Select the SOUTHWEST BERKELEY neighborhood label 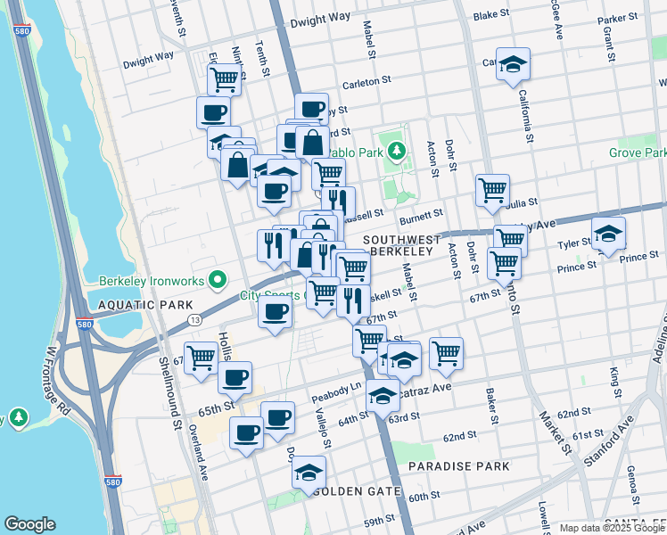[x=401, y=245]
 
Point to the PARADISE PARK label [x=458, y=466]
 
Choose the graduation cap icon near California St [x=513, y=64]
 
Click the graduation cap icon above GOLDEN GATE [x=309, y=473]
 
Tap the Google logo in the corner [x=29, y=524]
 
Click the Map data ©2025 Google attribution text [x=612, y=528]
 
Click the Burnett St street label [x=421, y=216]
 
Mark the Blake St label [x=490, y=16]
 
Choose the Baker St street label [x=490, y=406]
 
